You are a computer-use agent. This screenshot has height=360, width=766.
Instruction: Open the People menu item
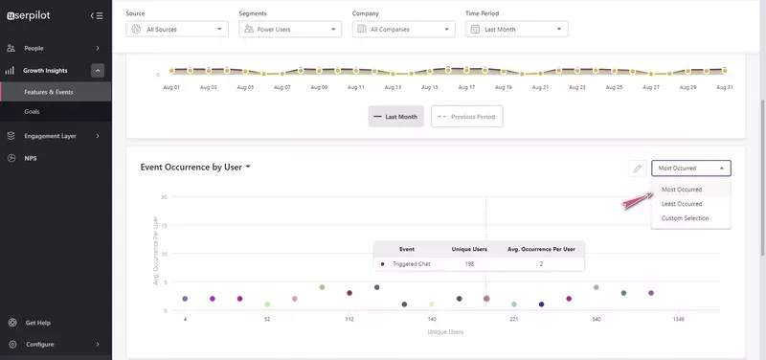pyautogui.click(x=34, y=48)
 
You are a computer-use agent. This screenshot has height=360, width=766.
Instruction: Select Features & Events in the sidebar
pyautogui.click(x=49, y=92)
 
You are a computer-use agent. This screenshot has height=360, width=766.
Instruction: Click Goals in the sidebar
pyautogui.click(x=33, y=112)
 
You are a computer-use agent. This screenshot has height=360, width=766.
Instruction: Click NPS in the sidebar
pyautogui.click(x=31, y=157)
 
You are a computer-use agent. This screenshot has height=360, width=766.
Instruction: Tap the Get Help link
pyautogui.click(x=37, y=323)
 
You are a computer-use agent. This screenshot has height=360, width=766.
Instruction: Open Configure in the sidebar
pyautogui.click(x=39, y=345)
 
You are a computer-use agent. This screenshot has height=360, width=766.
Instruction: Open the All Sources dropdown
pyautogui.click(x=177, y=30)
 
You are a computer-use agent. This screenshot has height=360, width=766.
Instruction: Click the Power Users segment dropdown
pyautogui.click(x=290, y=30)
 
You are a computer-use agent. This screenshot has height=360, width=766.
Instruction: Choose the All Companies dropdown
pyautogui.click(x=403, y=30)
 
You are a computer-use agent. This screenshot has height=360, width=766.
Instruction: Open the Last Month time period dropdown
pyautogui.click(x=517, y=30)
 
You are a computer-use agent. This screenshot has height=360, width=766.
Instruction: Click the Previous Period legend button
pyautogui.click(x=467, y=117)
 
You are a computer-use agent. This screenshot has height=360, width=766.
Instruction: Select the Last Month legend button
pyautogui.click(x=395, y=117)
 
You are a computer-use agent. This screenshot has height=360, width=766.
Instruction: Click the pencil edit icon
pyautogui.click(x=637, y=169)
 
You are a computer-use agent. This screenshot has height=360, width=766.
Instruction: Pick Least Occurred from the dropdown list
pyautogui.click(x=682, y=204)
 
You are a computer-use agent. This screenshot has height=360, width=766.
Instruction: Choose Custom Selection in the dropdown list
pyautogui.click(x=686, y=218)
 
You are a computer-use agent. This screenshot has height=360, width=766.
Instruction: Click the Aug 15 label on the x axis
pyautogui.click(x=430, y=86)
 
